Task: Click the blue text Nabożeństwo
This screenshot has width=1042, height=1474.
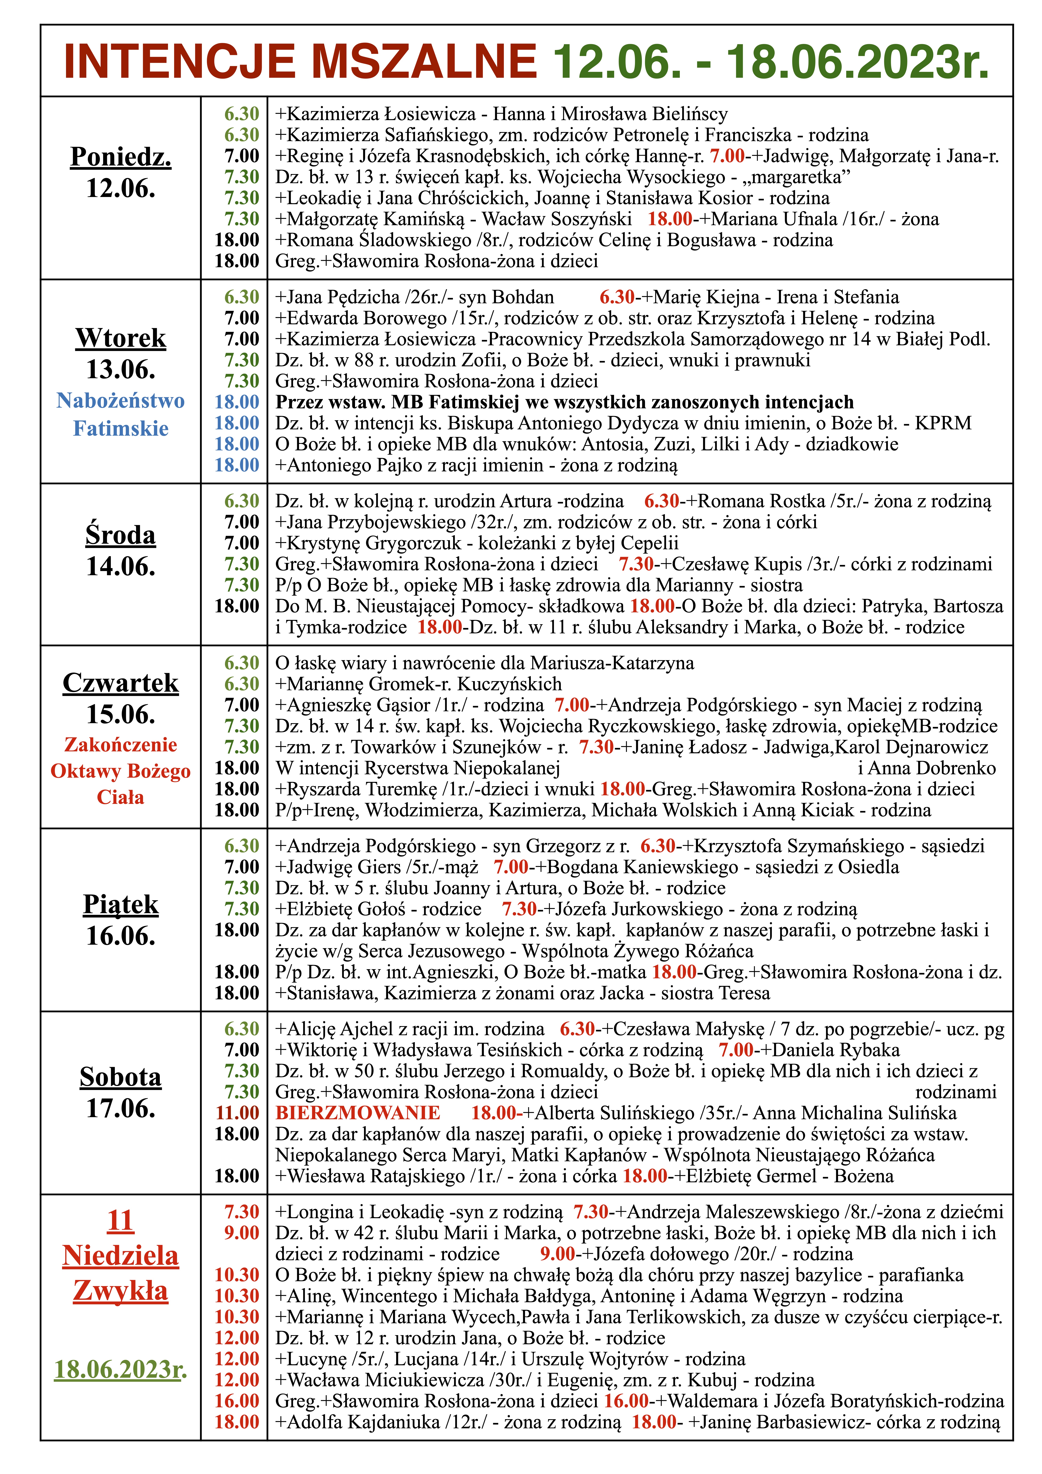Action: tap(121, 401)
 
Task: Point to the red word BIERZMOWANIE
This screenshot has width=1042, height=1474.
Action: tap(358, 1113)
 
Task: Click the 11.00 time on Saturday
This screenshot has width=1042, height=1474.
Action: tap(237, 1113)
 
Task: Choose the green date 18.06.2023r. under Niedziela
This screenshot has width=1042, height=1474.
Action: tap(121, 1369)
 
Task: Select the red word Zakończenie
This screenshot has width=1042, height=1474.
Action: tap(121, 745)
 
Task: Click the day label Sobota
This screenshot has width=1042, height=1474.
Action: tap(121, 1077)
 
